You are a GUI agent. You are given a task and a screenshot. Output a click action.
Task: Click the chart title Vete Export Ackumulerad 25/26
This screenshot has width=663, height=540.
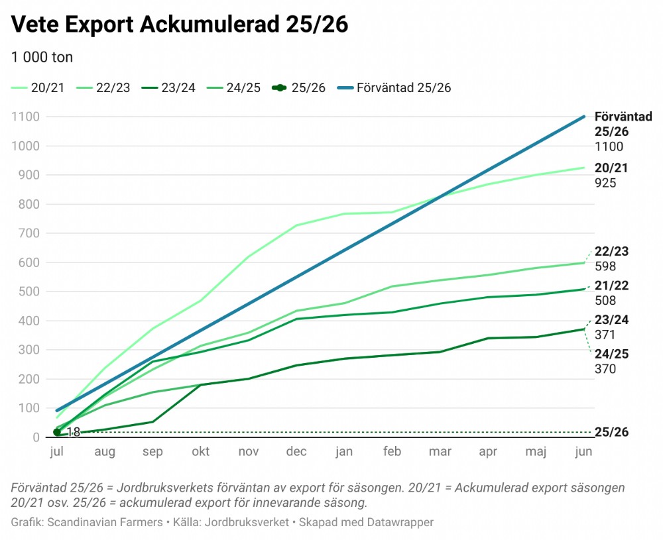click(x=180, y=25)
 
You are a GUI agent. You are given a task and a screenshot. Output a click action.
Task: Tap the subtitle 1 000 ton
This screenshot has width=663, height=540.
click(x=42, y=57)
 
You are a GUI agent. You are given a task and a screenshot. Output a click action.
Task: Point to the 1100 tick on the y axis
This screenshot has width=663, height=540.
click(x=26, y=117)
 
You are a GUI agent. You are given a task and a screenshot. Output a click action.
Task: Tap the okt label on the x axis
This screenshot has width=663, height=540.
click(x=201, y=452)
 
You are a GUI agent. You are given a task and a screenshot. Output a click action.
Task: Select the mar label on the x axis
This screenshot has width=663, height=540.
click(x=440, y=452)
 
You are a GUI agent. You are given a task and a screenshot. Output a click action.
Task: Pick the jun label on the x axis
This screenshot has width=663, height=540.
click(x=583, y=452)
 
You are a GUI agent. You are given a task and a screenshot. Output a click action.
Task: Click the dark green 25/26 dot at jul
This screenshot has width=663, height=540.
click(x=57, y=432)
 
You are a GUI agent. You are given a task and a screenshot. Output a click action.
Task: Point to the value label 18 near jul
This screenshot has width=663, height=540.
click(x=73, y=432)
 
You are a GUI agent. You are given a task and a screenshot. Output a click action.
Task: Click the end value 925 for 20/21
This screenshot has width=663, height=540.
click(x=605, y=183)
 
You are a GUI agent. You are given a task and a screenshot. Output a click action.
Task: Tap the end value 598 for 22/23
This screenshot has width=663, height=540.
click(x=605, y=266)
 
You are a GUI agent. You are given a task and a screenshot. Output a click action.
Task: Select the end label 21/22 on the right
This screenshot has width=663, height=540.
click(x=612, y=286)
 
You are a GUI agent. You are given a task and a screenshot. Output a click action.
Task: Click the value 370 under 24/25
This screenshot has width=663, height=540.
click(x=605, y=369)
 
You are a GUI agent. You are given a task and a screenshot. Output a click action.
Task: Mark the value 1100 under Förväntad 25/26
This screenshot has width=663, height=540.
click(x=609, y=146)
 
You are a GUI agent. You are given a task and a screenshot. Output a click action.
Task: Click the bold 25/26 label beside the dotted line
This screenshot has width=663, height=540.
click(x=612, y=433)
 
